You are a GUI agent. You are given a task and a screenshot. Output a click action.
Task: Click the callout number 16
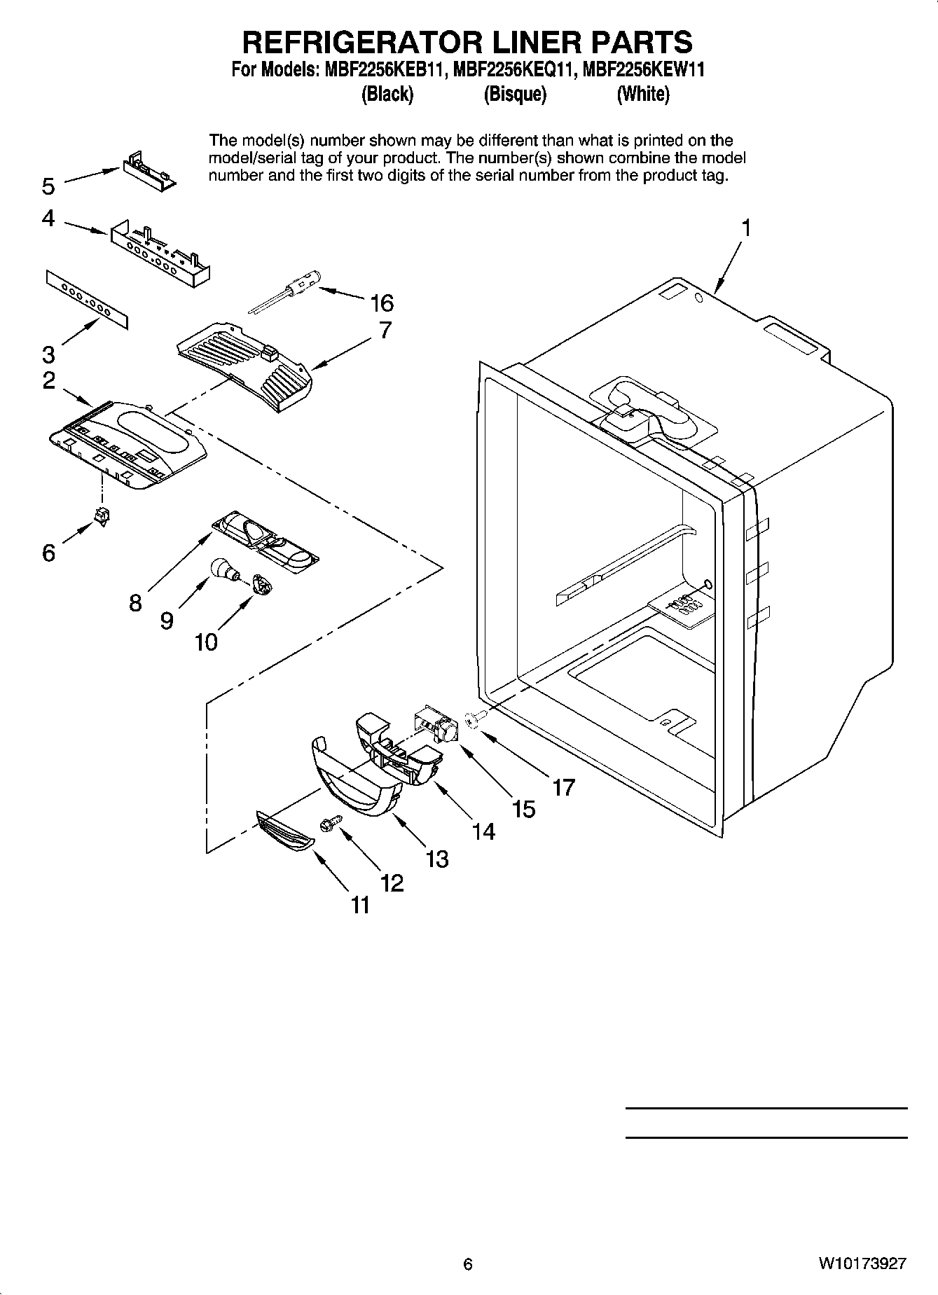coord(382,303)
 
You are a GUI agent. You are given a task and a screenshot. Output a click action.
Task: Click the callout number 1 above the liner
coord(747,228)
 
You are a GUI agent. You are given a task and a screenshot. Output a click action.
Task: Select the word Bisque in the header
coord(515,94)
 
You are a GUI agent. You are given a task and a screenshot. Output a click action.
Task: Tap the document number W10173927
coord(861,1263)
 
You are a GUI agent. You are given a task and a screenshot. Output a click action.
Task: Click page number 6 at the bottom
coord(468,1263)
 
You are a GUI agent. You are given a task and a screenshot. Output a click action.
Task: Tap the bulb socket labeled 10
coord(261,583)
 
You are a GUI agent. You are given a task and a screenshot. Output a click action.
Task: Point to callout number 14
coord(483,831)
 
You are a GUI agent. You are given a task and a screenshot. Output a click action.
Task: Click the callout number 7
coord(385,330)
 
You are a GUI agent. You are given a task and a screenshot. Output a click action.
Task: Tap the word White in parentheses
coord(642,94)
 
